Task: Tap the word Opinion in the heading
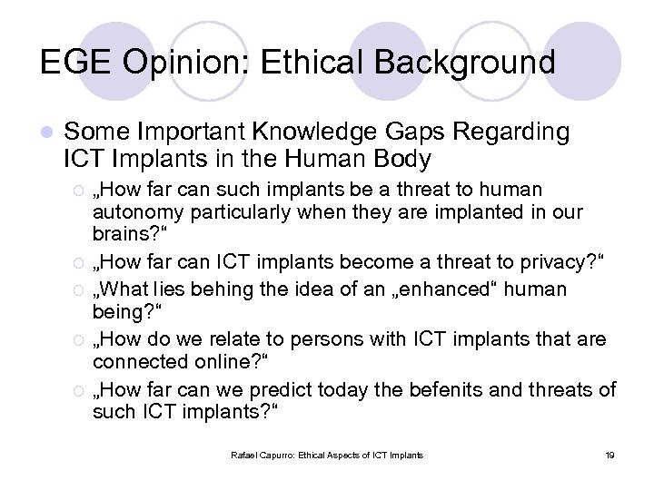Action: [194, 63]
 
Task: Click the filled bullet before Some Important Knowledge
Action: [46, 133]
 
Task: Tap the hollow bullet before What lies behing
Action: [79, 290]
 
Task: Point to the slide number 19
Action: [609, 455]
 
